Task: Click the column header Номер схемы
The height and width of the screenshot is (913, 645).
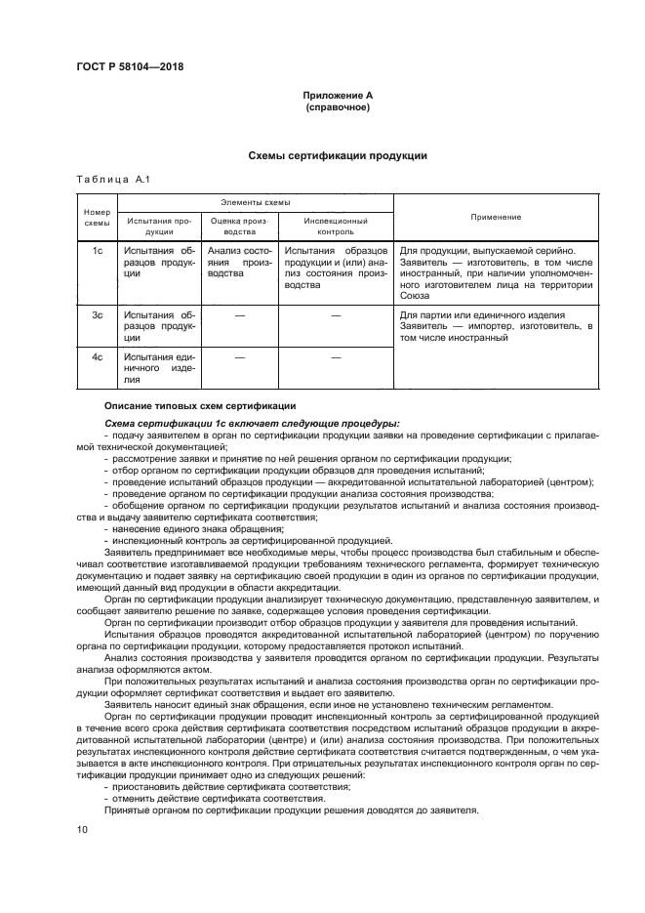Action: [x=98, y=217]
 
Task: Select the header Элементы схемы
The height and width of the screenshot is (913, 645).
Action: [x=255, y=202]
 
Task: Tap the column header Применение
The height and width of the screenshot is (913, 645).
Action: [x=495, y=217]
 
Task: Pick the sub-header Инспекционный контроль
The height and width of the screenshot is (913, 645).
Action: [x=335, y=228]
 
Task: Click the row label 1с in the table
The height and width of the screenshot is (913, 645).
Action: [x=98, y=251]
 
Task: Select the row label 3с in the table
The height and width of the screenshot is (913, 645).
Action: [x=98, y=315]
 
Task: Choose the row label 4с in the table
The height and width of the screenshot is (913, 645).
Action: [x=98, y=357]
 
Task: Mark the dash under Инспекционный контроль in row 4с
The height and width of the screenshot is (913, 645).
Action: [x=335, y=357]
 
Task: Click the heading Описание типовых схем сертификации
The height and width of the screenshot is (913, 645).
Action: [x=193, y=405]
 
